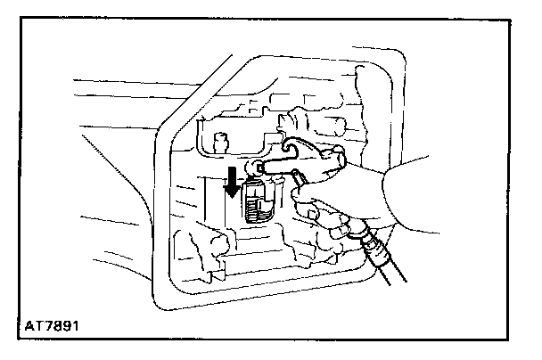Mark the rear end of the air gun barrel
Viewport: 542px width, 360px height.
coord(342,158)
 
